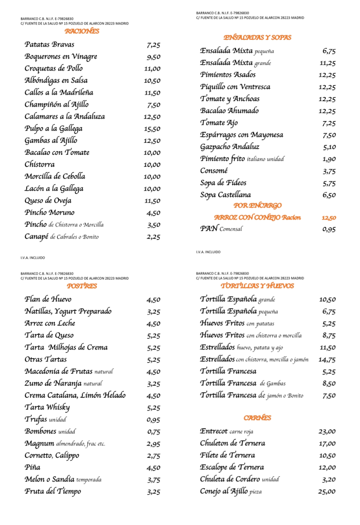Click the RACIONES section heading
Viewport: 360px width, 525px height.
pos(82,31)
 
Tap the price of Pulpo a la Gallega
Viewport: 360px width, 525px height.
pos(152,129)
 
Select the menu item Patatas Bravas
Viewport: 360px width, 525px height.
pos(49,45)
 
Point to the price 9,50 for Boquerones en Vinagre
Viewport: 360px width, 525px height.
pos(154,57)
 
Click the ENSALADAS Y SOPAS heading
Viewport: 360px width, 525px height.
pos(257,38)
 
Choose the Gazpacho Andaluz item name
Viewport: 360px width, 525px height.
pos(230,147)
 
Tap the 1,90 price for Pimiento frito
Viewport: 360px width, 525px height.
pos(329,159)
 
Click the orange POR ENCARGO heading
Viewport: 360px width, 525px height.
pos(258,205)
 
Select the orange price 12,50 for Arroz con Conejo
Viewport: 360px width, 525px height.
pos(329,218)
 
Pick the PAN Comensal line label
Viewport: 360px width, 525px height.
pos(221,228)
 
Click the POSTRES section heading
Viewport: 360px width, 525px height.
pos(82,286)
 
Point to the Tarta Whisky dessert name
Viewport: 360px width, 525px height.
pos(47,407)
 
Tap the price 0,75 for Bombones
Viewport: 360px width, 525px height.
pos(154,432)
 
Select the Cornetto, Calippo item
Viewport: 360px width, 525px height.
pos(52,455)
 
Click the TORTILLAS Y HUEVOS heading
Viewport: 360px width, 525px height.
pos(257,286)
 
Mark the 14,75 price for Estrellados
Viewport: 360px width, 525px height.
pos(327,360)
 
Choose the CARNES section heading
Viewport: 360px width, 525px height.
pos(258,418)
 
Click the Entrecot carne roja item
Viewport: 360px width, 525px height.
pos(227,431)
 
